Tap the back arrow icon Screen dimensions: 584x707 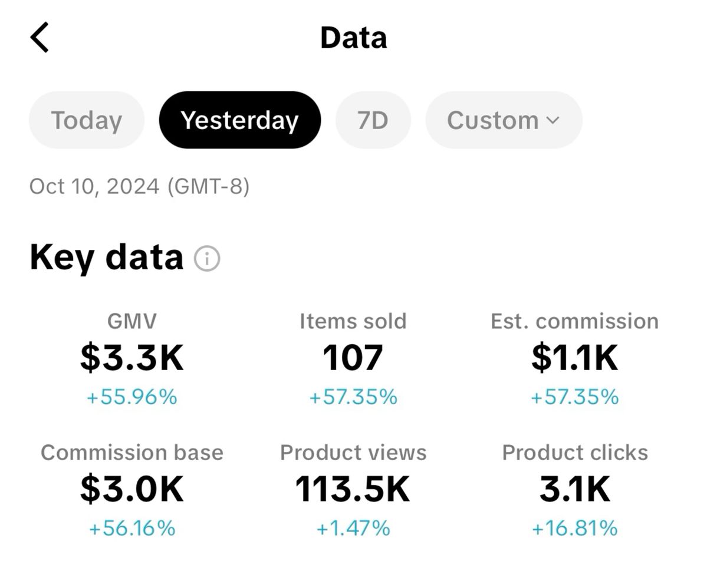pyautogui.click(x=40, y=38)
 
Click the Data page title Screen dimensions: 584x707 pyautogui.click(x=353, y=38)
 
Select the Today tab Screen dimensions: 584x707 pyautogui.click(x=87, y=120)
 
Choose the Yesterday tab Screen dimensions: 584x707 pyautogui.click(x=239, y=120)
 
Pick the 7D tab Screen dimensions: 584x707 pyautogui.click(x=373, y=120)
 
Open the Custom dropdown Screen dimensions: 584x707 pyautogui.click(x=504, y=120)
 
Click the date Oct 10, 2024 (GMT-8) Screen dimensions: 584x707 pyautogui.click(x=139, y=186)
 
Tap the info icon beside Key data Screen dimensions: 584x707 pyautogui.click(x=207, y=258)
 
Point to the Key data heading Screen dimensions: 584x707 pyautogui.click(x=107, y=258)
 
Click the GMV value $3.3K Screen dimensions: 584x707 pyautogui.click(x=132, y=358)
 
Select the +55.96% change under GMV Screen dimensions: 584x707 pyautogui.click(x=132, y=397)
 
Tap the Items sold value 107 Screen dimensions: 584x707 pyautogui.click(x=353, y=358)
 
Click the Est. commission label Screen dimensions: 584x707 pyautogui.click(x=574, y=321)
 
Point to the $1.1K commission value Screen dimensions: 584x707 pyautogui.click(x=574, y=358)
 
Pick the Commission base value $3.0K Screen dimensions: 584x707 pyautogui.click(x=132, y=489)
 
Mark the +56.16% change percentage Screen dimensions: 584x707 pyautogui.click(x=132, y=528)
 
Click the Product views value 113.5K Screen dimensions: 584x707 pyautogui.click(x=353, y=489)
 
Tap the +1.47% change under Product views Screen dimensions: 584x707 pyautogui.click(x=353, y=528)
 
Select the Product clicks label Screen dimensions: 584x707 pyautogui.click(x=574, y=453)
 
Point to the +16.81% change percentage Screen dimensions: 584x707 pyautogui.click(x=574, y=528)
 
